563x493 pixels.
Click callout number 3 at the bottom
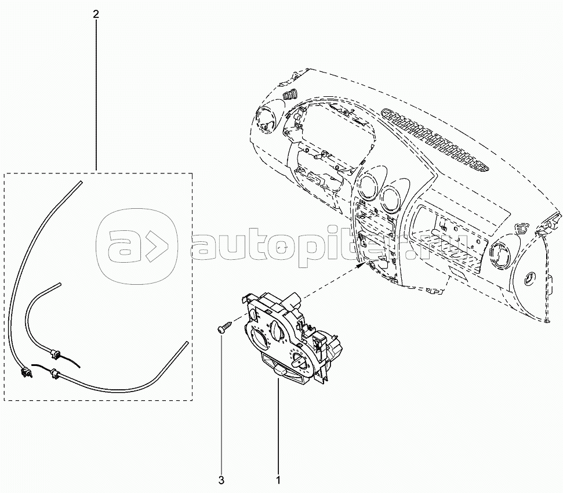[x=221, y=480]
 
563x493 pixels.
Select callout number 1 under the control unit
[x=278, y=480]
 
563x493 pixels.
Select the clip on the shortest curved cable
[x=58, y=351]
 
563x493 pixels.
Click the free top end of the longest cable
[x=80, y=183]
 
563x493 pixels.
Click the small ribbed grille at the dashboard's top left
[x=289, y=95]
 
